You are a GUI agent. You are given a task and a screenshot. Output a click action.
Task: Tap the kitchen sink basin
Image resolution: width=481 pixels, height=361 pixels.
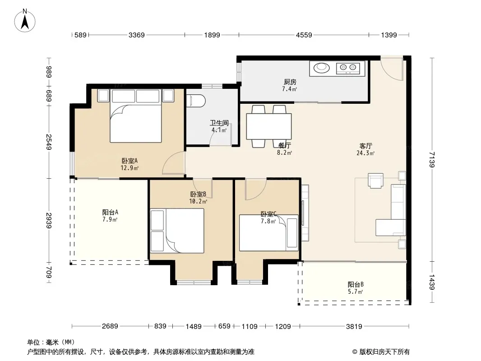point(321,68)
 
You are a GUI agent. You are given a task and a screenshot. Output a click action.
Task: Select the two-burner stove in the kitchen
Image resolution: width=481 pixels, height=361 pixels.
point(348,68)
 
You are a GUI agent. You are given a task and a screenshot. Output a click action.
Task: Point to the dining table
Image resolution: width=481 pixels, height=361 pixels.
point(269,126)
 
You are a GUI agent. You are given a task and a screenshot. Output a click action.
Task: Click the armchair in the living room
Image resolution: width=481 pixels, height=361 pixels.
point(375,180)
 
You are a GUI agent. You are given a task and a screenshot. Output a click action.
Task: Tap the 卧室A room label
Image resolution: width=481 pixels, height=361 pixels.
point(129,161)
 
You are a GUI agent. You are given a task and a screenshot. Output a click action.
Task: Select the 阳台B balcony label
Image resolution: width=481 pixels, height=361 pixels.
point(356,284)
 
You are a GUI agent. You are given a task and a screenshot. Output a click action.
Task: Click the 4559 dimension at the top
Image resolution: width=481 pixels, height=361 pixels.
point(304,35)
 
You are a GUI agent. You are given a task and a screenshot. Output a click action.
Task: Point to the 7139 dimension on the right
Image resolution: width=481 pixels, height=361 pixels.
point(432,159)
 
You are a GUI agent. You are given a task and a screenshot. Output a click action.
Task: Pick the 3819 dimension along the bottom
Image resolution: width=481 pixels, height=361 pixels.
point(354,326)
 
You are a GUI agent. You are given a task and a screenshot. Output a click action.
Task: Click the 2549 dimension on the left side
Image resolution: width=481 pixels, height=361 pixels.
point(49,142)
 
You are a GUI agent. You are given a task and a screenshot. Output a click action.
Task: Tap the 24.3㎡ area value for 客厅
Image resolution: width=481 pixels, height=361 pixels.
point(365,153)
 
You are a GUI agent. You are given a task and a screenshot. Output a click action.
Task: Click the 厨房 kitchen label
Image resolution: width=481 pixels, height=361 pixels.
point(290,82)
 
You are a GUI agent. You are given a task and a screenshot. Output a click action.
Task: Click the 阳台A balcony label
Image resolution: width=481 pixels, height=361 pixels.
point(110,212)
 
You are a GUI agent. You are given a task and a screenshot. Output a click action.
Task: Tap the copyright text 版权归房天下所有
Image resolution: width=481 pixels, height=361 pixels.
point(384,352)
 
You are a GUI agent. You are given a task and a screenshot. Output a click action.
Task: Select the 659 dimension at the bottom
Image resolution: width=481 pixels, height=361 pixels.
point(224,326)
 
